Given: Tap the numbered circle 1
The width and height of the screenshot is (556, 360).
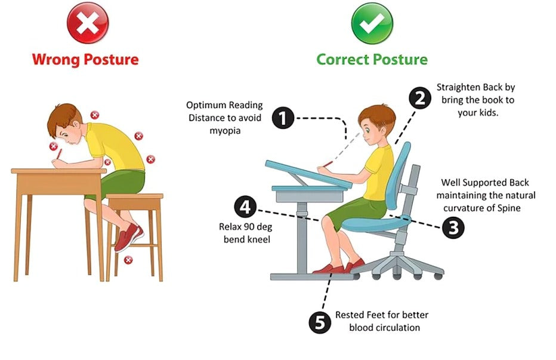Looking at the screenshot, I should tap(283, 118).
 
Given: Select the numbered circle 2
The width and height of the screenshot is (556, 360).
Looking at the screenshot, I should tap(419, 97).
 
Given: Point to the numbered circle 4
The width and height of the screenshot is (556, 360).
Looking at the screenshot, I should tap(245, 208).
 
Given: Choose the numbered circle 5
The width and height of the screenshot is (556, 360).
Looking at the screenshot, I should tap(320, 323).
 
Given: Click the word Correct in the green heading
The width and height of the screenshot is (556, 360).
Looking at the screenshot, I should tap(342, 60).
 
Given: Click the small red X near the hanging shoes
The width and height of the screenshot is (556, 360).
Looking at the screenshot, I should tap(128, 260).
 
